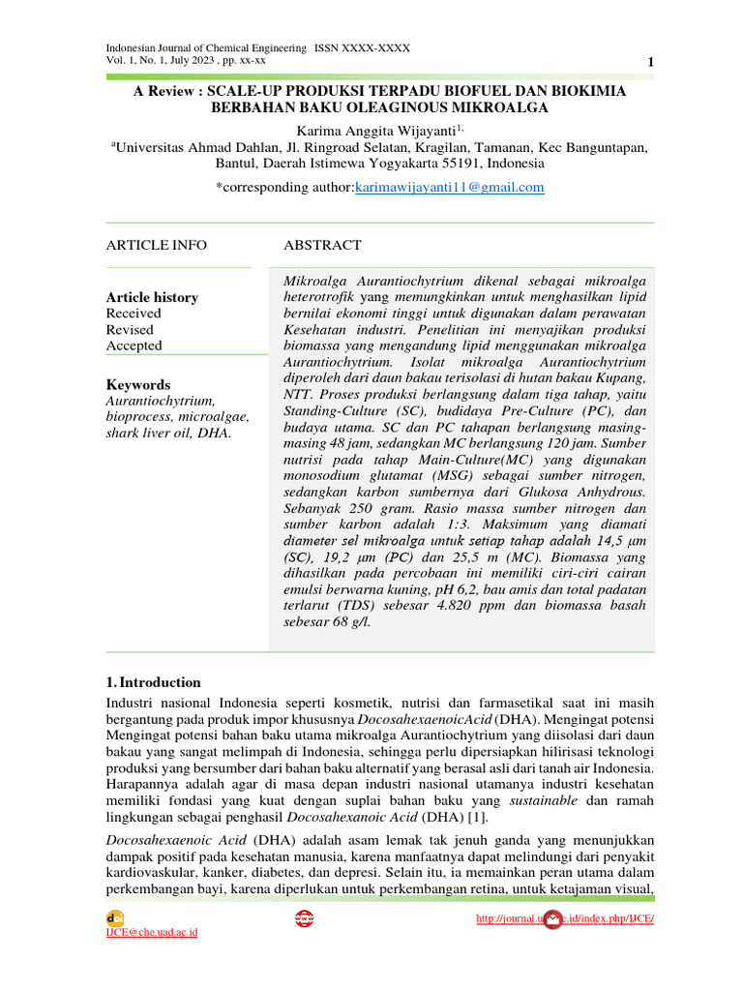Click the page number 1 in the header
coord(650,63)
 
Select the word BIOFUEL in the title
coord(452,90)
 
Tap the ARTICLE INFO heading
coord(156,245)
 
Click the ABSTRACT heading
coord(322,245)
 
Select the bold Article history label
coord(152,297)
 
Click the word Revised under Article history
coord(130,329)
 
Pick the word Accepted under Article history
coord(134,345)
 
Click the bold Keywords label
coord(137,384)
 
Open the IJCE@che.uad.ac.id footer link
coord(151,932)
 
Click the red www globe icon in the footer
coord(304,918)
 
